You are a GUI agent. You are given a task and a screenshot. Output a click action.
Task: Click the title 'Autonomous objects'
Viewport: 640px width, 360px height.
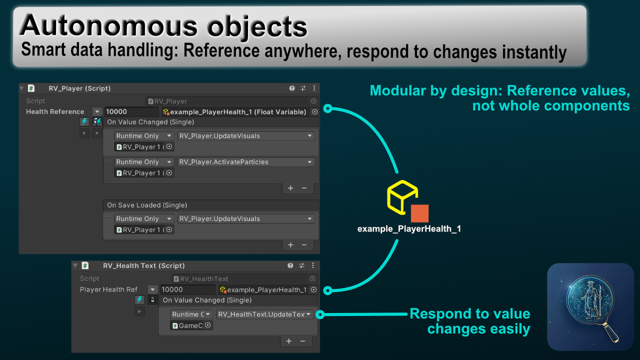coord(163,26)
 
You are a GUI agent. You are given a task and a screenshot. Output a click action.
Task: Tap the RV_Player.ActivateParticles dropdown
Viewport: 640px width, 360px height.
coord(246,162)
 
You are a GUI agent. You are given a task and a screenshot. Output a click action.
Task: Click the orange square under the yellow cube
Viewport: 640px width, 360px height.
coord(419,213)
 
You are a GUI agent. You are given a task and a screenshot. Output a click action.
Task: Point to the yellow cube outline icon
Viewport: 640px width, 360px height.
coord(403,197)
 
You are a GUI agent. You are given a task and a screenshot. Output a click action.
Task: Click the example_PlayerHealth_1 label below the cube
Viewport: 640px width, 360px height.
coord(409,229)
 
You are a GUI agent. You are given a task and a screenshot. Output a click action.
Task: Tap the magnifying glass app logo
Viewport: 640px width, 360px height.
coord(590,307)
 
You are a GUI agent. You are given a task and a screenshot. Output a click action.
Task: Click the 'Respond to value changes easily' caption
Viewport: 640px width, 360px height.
coord(470,321)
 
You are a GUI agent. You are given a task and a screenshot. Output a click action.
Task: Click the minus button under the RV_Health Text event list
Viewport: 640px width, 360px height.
coord(302,341)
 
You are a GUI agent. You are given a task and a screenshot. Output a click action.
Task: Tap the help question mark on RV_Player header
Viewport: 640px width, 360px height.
coord(292,89)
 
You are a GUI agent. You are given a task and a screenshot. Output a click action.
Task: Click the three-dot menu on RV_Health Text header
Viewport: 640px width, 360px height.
coord(313,266)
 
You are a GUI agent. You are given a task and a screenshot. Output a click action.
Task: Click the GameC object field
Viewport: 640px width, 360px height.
coord(191,325)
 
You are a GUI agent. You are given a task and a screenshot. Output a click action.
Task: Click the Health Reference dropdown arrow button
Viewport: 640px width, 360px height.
coord(97,111)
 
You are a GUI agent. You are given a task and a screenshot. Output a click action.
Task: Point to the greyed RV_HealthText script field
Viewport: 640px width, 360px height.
coord(245,278)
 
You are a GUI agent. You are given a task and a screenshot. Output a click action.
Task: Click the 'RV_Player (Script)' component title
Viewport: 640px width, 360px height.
coord(79,89)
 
